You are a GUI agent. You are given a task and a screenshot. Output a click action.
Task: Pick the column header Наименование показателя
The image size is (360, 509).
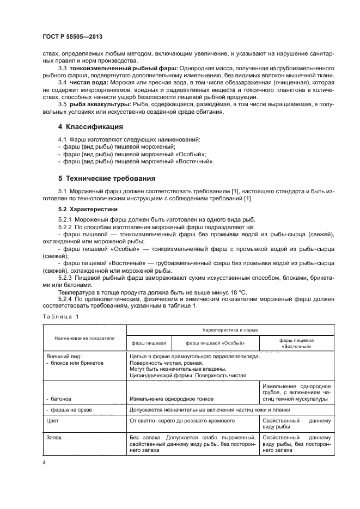[x=84, y=338]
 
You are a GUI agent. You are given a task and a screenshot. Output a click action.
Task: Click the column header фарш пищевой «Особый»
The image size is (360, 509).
[x=215, y=343]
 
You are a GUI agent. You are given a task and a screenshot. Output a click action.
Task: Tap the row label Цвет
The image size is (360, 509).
[x=53, y=420]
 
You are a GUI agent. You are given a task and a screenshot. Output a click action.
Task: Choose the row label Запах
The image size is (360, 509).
[x=54, y=437]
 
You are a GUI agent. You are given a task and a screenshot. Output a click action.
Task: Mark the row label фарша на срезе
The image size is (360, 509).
[x=69, y=409]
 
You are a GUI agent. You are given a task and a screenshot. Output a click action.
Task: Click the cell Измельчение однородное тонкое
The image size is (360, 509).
[x=169, y=400]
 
